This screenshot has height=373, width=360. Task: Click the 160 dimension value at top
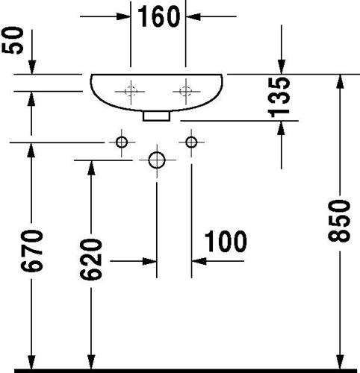pyautogui.click(x=159, y=16)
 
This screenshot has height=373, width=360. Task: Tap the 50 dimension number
pyautogui.click(x=13, y=40)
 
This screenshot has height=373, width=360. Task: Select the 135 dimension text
pyautogui.click(x=279, y=97)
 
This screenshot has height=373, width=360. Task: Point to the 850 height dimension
pyautogui.click(x=339, y=221)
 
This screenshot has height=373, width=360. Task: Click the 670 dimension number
pyautogui.click(x=31, y=251)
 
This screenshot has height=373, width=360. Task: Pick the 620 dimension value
pyautogui.click(x=91, y=260)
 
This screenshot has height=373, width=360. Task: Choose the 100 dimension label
pyautogui.click(x=226, y=241)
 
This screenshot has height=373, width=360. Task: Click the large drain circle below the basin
pyautogui.click(x=157, y=160)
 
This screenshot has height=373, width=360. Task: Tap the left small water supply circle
pyautogui.click(x=122, y=142)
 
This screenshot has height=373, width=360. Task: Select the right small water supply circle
pyautogui.click(x=191, y=142)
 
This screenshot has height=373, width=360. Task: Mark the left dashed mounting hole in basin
pyautogui.click(x=131, y=91)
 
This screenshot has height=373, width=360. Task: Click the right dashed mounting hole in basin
pyautogui.click(x=186, y=91)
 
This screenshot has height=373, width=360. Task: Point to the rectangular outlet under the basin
pyautogui.click(x=156, y=116)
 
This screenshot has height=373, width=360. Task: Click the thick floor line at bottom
pyautogui.click(x=185, y=371)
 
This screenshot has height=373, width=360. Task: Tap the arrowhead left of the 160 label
pyautogui.click(x=123, y=16)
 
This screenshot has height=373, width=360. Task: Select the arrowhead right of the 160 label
pyautogui.click(x=193, y=16)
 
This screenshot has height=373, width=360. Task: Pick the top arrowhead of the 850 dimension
pyautogui.click(x=340, y=81)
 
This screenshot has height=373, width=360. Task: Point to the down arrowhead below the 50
pyautogui.click(x=32, y=67)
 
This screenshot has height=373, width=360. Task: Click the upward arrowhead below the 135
pyautogui.click(x=282, y=128)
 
